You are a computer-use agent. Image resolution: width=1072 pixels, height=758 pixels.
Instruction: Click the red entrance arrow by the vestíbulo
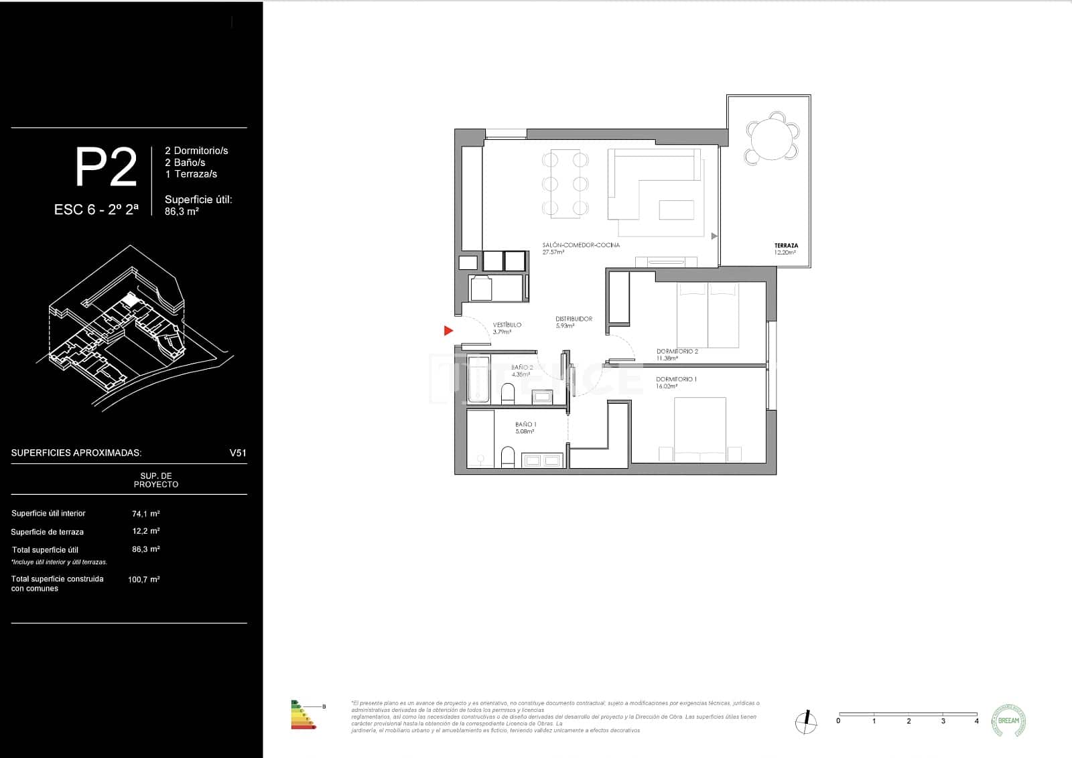pos(448,330)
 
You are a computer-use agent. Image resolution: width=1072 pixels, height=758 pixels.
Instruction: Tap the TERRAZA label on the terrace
pos(786,246)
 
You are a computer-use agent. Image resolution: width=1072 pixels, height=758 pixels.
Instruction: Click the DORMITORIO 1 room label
pos(676,379)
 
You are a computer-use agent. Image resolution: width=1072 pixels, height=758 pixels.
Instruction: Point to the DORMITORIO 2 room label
pos(677,351)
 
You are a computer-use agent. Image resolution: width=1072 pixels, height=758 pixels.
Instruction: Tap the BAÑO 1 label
pos(525,425)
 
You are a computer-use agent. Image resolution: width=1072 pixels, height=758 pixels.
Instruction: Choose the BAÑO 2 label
pos(522,368)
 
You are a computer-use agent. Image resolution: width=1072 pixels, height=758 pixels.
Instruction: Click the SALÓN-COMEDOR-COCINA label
pos(581,245)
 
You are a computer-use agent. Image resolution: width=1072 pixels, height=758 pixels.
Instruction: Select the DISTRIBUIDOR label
pos(574,319)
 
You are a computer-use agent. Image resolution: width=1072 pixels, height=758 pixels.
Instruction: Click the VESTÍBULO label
pos(507,325)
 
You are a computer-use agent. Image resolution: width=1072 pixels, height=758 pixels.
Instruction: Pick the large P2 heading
pos(106,168)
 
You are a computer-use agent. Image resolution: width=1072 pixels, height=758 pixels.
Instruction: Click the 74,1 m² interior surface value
pos(145,514)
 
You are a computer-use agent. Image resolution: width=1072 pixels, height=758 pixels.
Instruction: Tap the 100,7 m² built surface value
pos(143,579)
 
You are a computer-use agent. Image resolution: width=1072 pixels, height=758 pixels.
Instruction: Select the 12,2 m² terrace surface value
pos(145,531)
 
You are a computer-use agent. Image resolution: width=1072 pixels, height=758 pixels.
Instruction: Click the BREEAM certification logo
pos(1008,721)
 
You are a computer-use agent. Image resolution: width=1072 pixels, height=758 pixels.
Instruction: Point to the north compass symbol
pos(806,721)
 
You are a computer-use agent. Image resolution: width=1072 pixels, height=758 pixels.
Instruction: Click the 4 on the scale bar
pos(976,721)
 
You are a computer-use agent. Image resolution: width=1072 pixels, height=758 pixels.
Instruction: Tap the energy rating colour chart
pos(304,714)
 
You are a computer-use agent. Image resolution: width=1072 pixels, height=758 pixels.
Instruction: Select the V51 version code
pos(238,453)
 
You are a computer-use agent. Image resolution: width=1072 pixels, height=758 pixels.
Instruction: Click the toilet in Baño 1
pos(508,458)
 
